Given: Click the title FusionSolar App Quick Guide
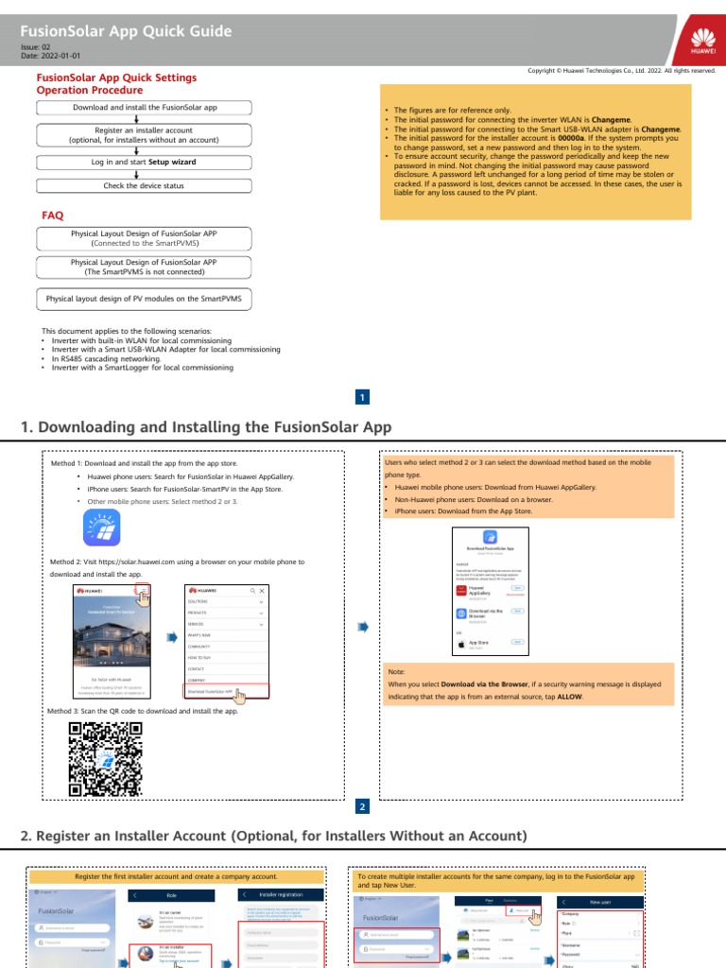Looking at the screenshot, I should (126, 31).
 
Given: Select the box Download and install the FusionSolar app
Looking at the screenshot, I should (145, 108).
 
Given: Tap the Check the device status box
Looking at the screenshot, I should (145, 186).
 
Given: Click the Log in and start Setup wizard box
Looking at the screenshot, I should (145, 162).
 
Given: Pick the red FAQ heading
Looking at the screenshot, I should (53, 216).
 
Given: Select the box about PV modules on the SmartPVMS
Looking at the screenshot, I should (145, 299).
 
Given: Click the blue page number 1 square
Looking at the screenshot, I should (363, 398).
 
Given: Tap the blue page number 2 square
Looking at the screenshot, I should (363, 807).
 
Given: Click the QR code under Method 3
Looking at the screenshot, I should (105, 758).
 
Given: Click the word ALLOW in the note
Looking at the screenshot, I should (571, 697).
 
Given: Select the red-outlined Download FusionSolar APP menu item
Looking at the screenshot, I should (228, 691).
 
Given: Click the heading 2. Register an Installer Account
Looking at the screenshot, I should (272, 836).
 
